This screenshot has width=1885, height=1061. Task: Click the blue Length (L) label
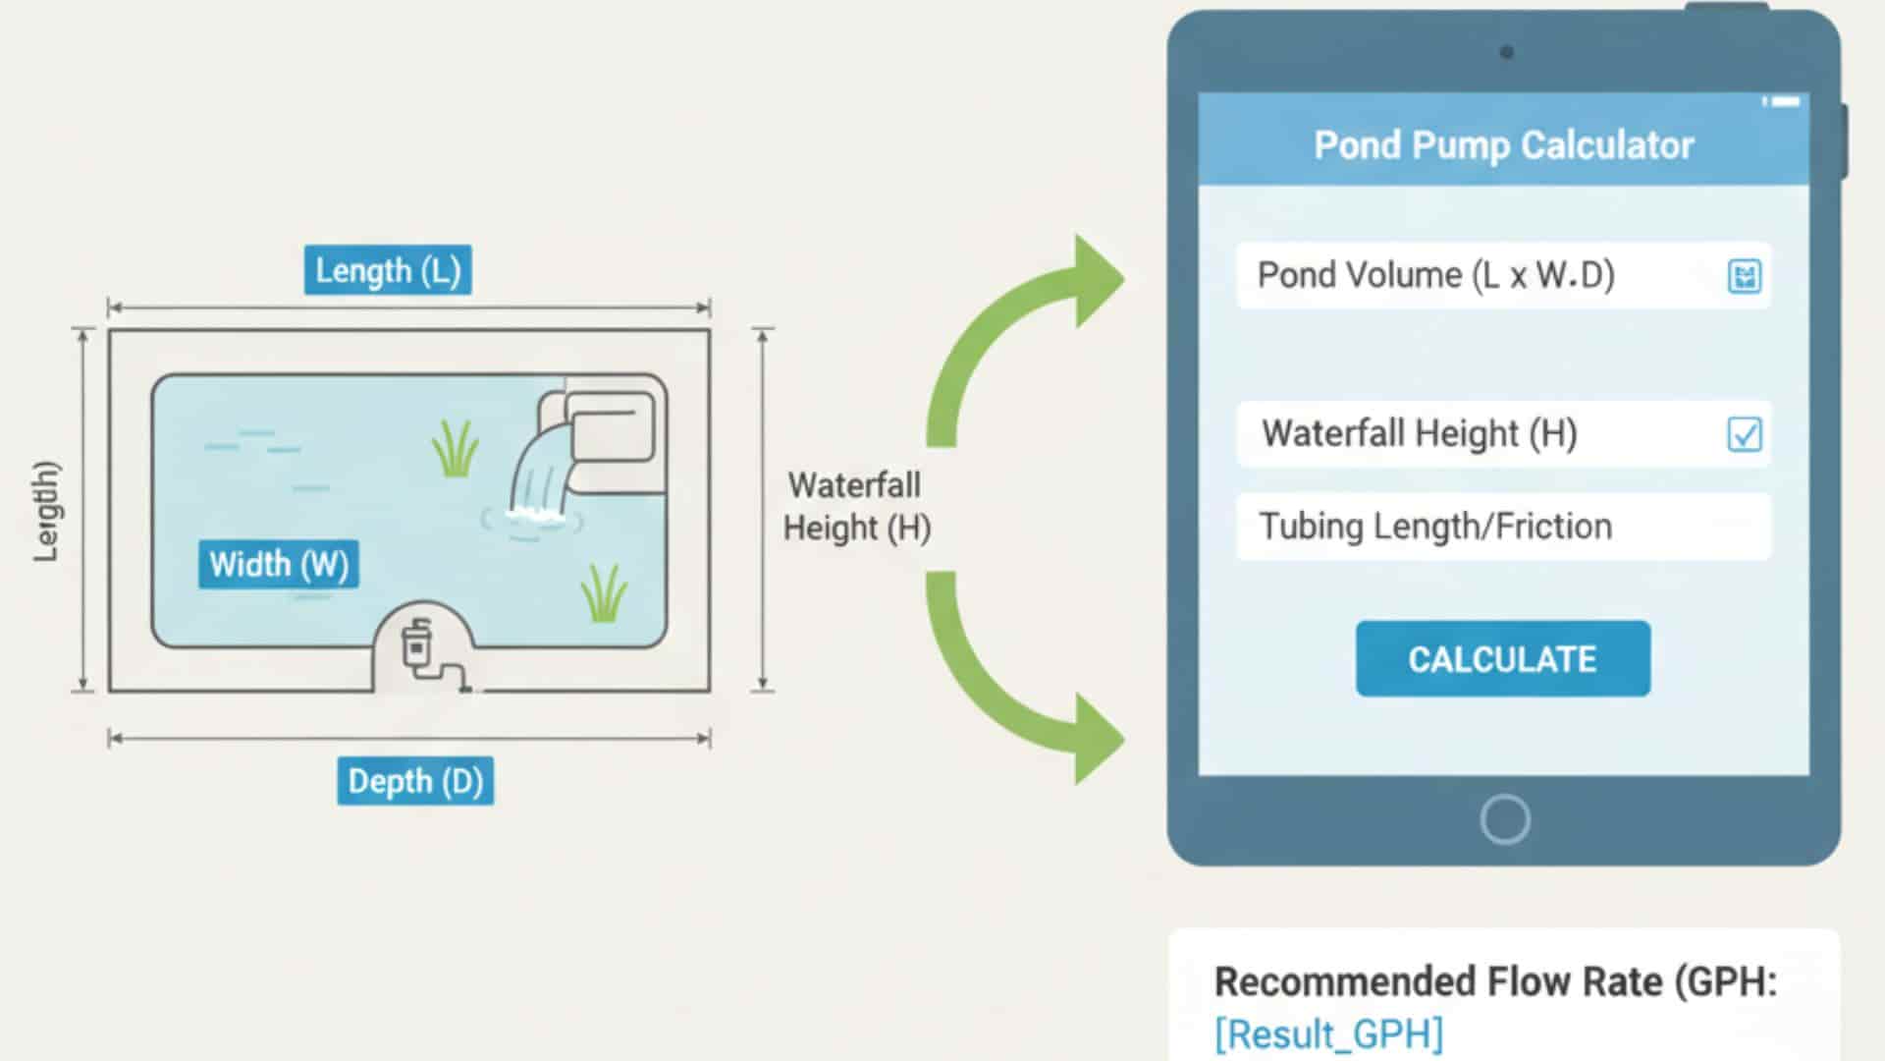pyautogui.click(x=388, y=270)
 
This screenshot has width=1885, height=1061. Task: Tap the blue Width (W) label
pyautogui.click(x=279, y=564)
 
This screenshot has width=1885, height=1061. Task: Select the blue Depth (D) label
pyautogui.click(x=415, y=781)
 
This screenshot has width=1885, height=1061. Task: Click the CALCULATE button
pyautogui.click(x=1502, y=658)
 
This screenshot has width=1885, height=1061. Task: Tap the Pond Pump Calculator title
pyautogui.click(x=1503, y=145)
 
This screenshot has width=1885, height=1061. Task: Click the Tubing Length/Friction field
pyautogui.click(x=1502, y=527)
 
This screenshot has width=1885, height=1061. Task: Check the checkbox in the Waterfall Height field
pyautogui.click(x=1744, y=433)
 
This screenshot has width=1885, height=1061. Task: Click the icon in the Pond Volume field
pyautogui.click(x=1744, y=276)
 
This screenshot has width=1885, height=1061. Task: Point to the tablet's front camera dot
pyautogui.click(x=1506, y=52)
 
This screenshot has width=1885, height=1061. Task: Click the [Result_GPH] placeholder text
pyautogui.click(x=1328, y=1033)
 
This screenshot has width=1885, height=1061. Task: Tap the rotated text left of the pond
pyautogui.click(x=46, y=511)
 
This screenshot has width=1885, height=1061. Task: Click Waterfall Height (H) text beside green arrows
pyautogui.click(x=855, y=507)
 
